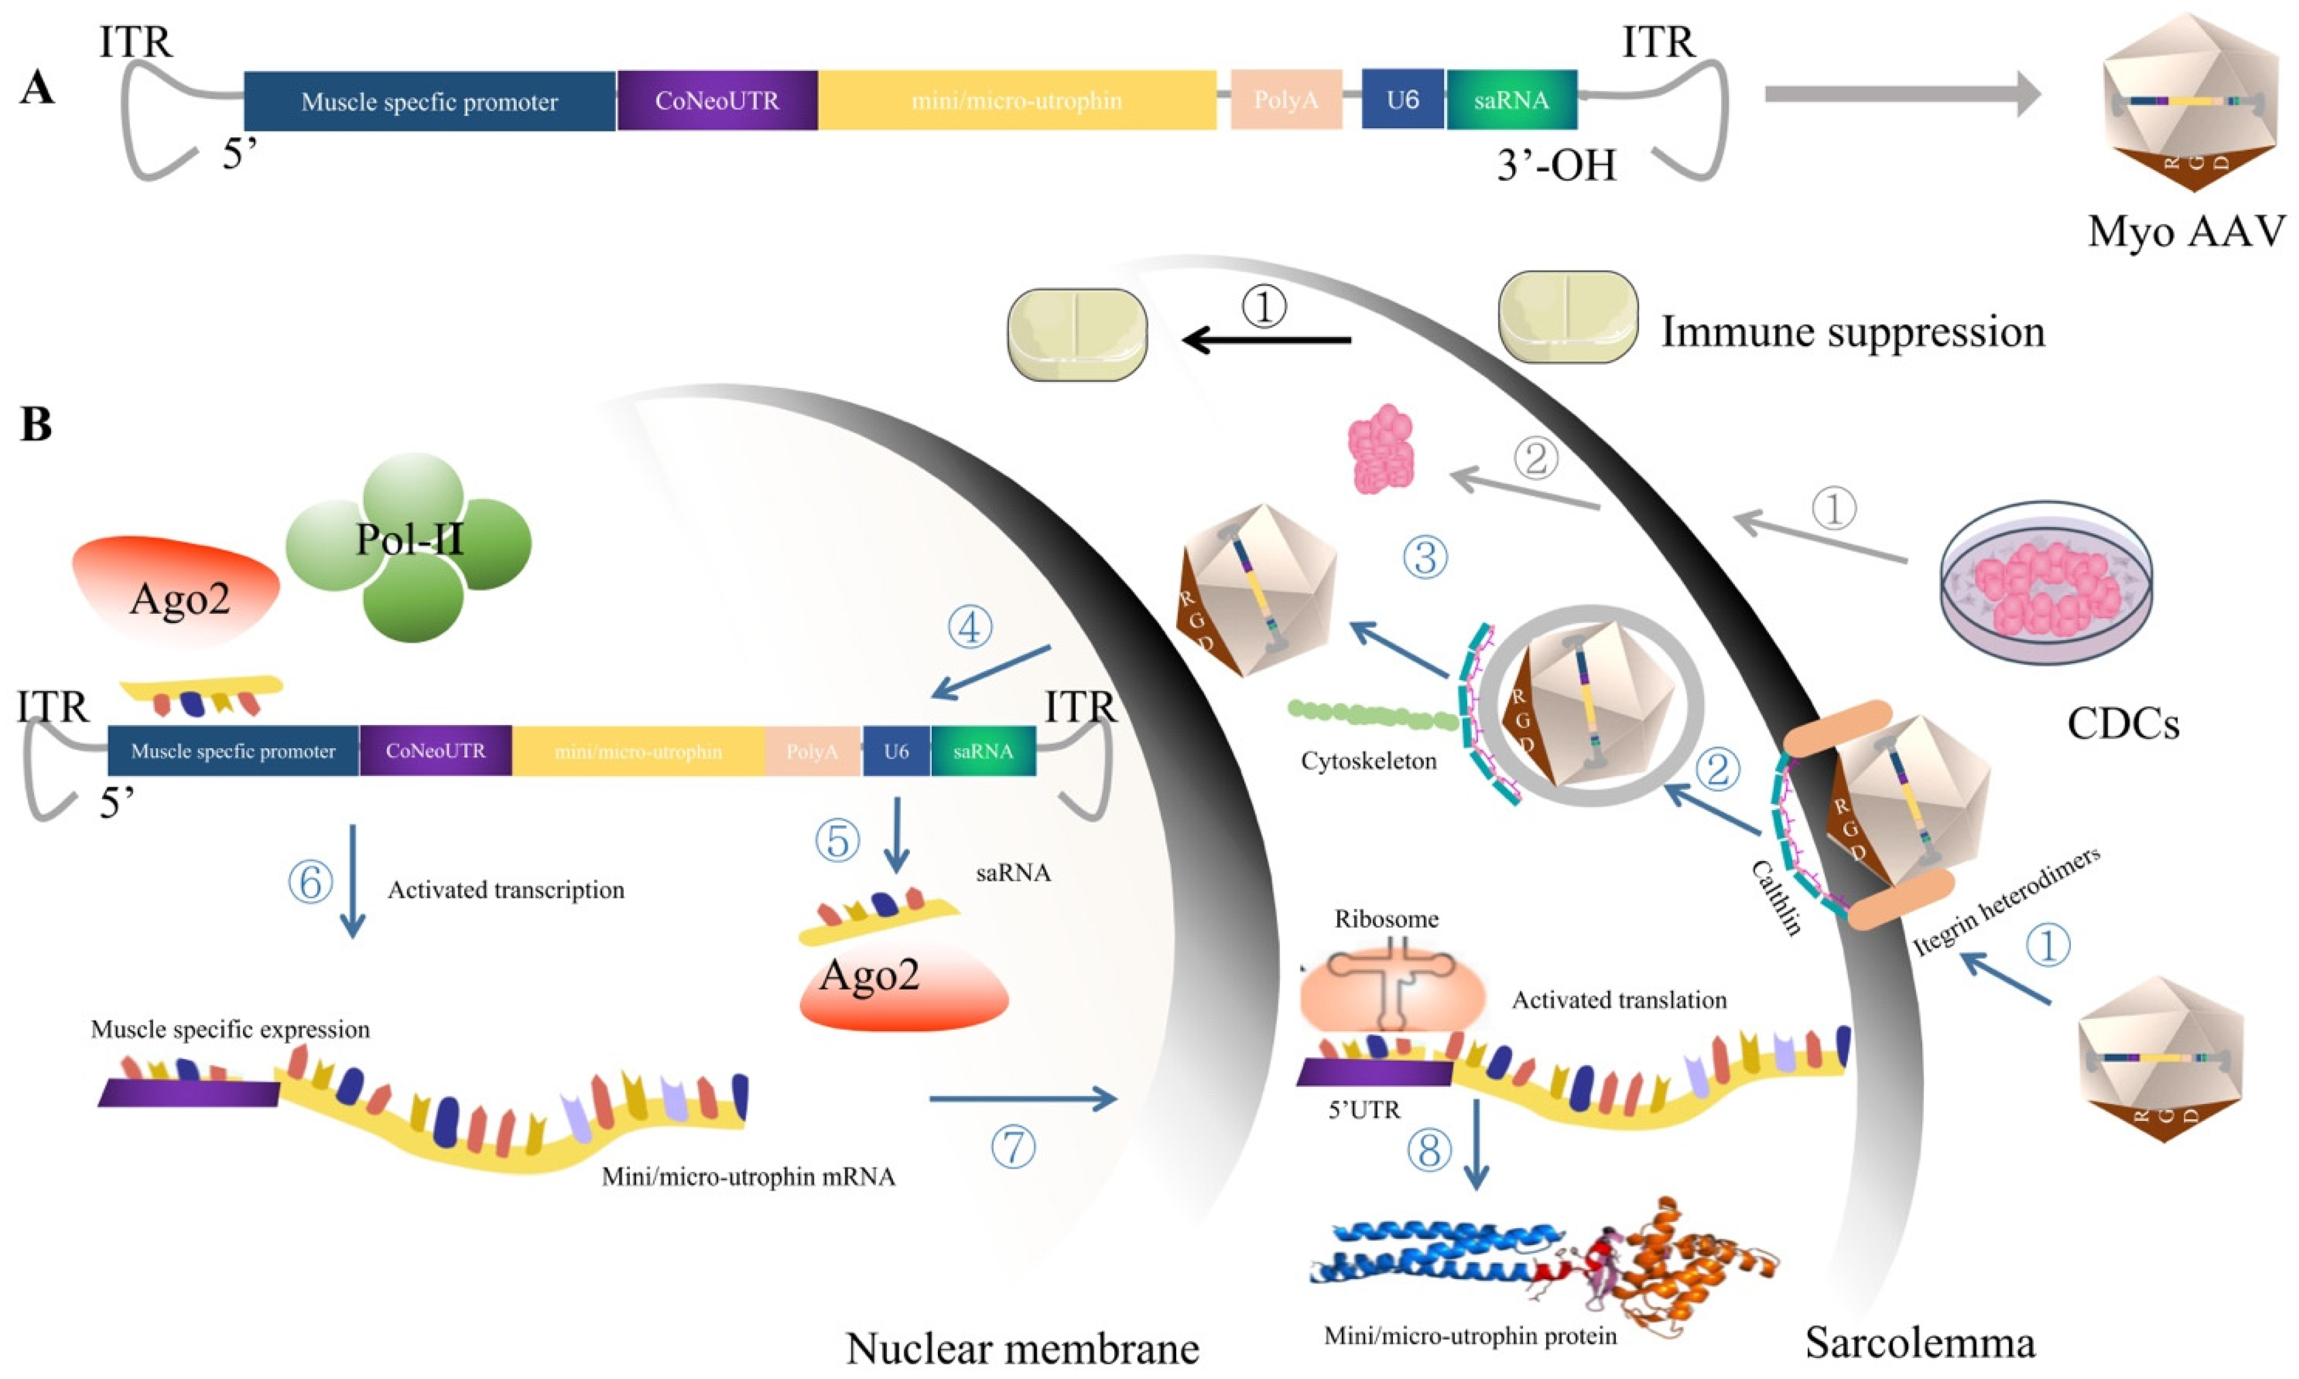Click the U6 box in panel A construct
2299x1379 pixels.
(1401, 99)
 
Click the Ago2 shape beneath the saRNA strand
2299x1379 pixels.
(902, 990)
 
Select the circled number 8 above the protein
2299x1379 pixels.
(1429, 1150)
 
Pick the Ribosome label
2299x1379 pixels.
(1387, 919)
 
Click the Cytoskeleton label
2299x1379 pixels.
(1368, 761)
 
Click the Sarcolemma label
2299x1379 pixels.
(1920, 1342)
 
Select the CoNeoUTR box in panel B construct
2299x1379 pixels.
(435, 751)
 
